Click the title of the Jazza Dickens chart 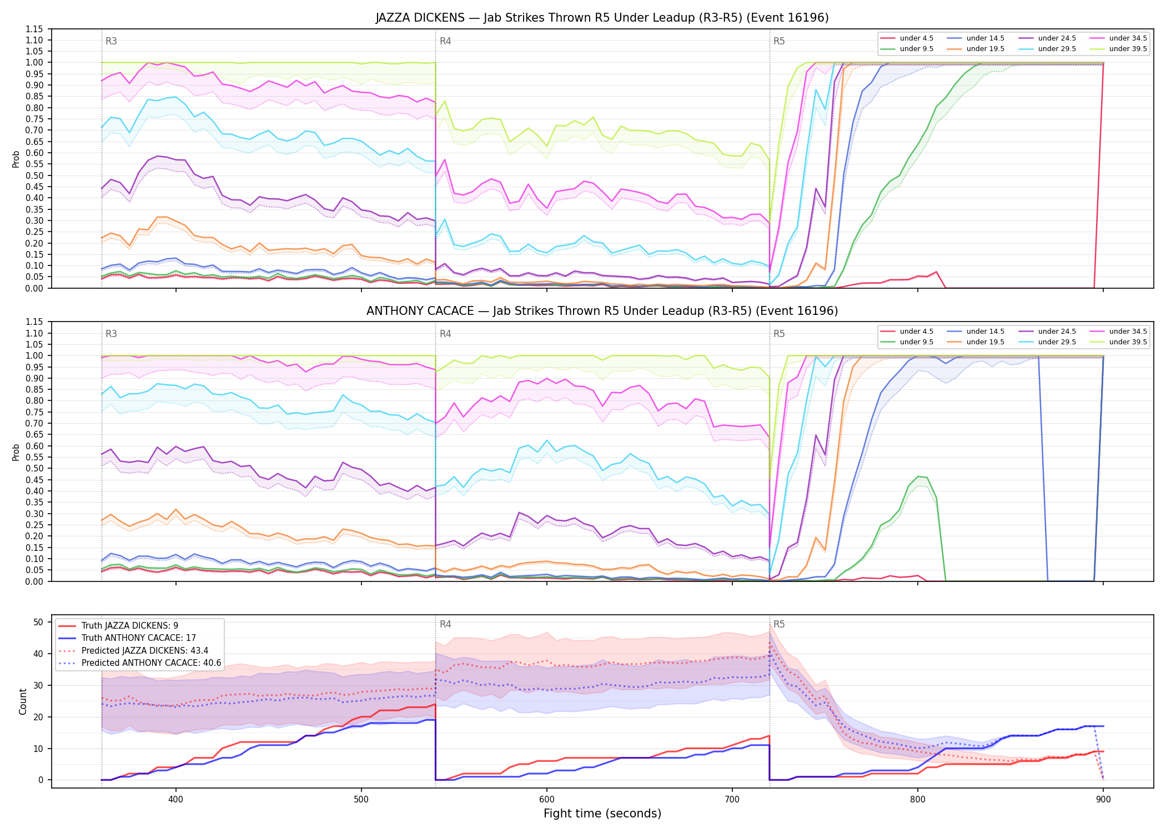click(x=602, y=18)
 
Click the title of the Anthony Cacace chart click(x=602, y=311)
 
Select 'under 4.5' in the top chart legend click(x=916, y=38)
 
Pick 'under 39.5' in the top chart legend click(x=1128, y=49)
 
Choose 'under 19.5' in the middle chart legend click(x=985, y=342)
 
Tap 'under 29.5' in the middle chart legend click(x=1057, y=342)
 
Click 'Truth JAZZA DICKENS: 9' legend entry click(x=130, y=626)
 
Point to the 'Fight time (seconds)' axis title click(x=602, y=814)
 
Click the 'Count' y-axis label click(x=23, y=701)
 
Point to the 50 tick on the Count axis click(x=38, y=622)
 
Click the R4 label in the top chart click(x=445, y=41)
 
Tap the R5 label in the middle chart click(x=779, y=334)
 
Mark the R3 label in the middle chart click(x=111, y=334)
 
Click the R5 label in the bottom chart click(x=779, y=624)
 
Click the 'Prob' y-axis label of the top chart click(x=16, y=159)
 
